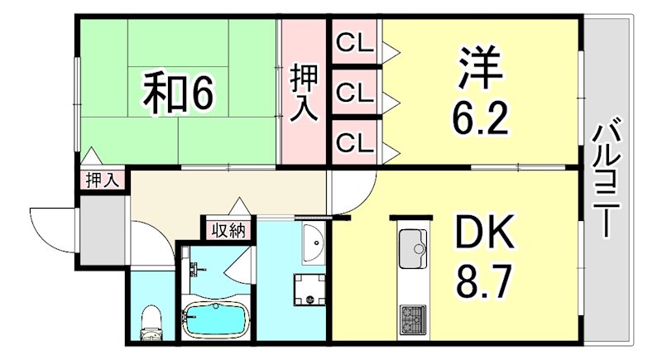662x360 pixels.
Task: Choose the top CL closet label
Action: click(354, 41)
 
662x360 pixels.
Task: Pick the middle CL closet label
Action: click(354, 91)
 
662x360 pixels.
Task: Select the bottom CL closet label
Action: click(354, 142)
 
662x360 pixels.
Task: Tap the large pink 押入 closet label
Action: click(304, 93)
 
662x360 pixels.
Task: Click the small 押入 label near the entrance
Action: click(103, 179)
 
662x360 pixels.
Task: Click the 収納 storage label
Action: click(228, 229)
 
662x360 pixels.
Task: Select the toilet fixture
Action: click(151, 323)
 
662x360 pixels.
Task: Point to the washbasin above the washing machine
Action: click(314, 242)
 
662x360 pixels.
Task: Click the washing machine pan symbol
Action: click(308, 290)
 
